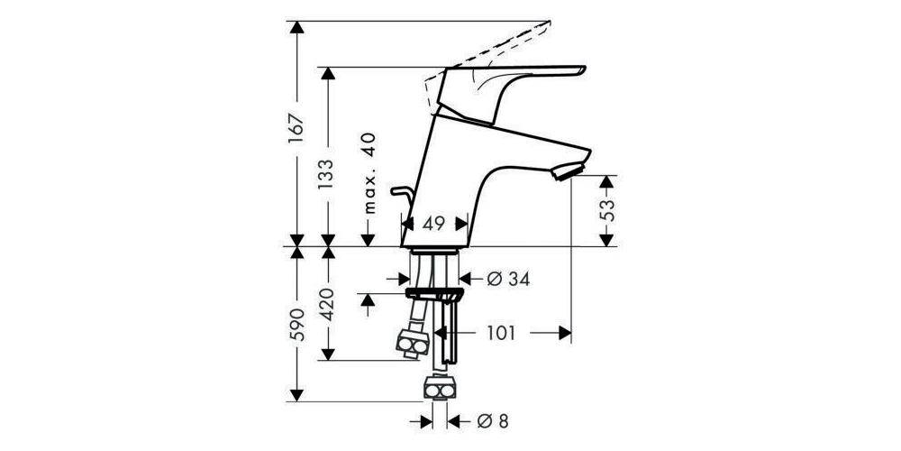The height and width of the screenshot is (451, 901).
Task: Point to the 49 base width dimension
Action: point(434,225)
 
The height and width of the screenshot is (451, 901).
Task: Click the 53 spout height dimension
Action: point(609,211)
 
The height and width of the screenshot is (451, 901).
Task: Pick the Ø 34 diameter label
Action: point(506,280)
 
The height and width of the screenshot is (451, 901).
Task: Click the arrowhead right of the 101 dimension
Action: point(566,333)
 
